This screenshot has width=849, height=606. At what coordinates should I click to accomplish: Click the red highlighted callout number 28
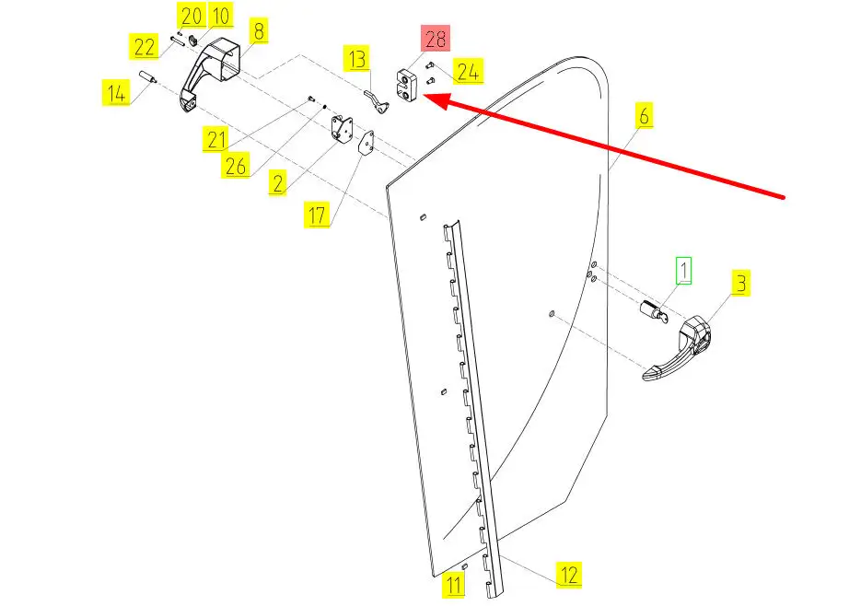[436, 40]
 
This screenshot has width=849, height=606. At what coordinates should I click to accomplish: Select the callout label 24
[468, 71]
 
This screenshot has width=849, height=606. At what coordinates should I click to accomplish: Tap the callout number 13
[358, 60]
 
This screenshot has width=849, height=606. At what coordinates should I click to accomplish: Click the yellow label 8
[259, 30]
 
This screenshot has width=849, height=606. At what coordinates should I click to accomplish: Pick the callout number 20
[192, 16]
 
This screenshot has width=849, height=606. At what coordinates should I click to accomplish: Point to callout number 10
[220, 16]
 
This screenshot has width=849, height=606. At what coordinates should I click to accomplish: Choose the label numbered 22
[145, 47]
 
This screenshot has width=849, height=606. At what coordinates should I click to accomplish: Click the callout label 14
[115, 93]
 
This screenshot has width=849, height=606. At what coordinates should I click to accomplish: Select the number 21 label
[216, 140]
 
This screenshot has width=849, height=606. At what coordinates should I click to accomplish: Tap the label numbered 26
[236, 165]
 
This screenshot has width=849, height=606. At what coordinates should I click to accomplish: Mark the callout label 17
[318, 216]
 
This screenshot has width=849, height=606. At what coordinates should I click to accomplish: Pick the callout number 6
[643, 115]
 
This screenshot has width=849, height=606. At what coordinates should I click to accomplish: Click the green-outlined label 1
[683, 270]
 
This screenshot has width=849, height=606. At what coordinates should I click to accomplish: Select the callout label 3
[741, 283]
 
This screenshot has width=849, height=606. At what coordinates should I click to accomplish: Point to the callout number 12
[569, 576]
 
